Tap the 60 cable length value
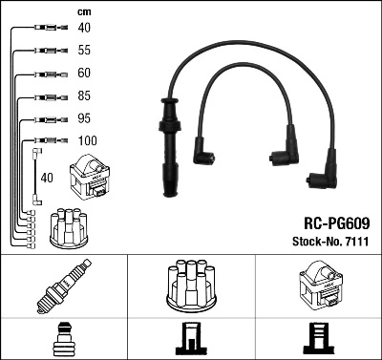pos(85,72)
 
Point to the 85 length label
pos(85,95)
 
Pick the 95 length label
pos(85,119)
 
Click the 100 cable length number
pos(87,142)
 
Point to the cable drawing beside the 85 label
pos(45,95)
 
